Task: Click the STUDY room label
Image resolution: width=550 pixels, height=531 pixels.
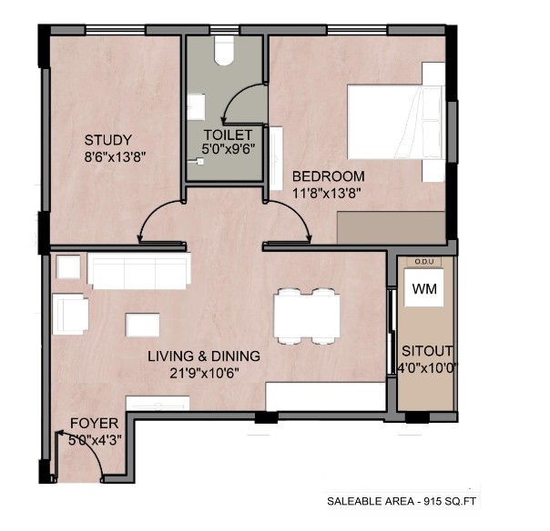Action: (108, 140)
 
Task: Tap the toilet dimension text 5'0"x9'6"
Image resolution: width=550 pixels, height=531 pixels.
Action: (228, 149)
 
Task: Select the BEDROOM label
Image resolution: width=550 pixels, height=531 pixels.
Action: (329, 176)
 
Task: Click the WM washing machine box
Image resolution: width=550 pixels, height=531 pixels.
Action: (424, 288)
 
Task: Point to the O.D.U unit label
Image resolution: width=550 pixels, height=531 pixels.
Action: (424, 262)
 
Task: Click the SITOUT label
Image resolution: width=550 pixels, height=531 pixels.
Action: (427, 351)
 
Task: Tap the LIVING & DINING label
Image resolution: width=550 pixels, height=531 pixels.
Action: (204, 356)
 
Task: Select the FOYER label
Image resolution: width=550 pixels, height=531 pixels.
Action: (95, 424)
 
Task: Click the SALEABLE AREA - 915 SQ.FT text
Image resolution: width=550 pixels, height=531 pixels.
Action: (402, 501)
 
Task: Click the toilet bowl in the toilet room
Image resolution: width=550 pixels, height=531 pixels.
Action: (224, 50)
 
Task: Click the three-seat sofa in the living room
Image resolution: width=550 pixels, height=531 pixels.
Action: (139, 271)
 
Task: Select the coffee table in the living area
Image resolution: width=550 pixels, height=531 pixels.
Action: (142, 326)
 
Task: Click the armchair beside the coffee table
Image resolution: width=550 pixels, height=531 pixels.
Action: (70, 314)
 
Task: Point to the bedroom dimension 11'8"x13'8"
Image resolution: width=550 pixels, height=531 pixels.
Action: (327, 193)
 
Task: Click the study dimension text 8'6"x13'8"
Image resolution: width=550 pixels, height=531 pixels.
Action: (115, 157)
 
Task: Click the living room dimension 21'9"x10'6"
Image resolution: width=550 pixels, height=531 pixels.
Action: (205, 374)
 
